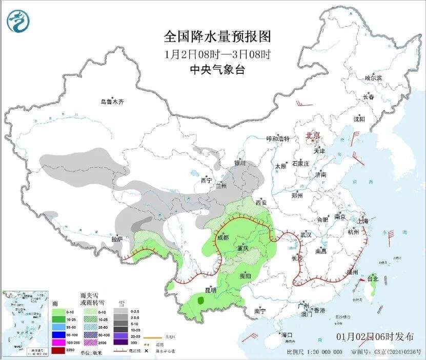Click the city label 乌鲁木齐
[112, 102]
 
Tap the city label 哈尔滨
[373, 78]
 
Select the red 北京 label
[312, 135]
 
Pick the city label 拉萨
[117, 238]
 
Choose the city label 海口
[287, 335]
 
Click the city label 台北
[372, 279]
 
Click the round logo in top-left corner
[18, 21]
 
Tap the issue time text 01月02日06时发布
[375, 337]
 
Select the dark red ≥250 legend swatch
[58, 350]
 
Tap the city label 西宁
[206, 181]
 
